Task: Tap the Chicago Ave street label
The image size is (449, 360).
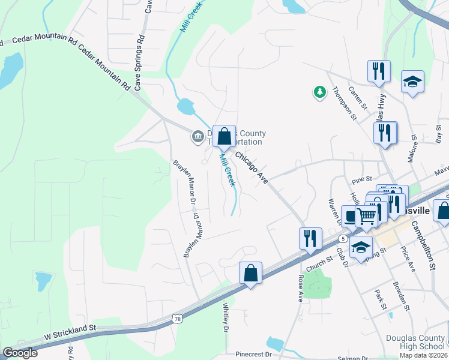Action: pyautogui.click(x=251, y=166)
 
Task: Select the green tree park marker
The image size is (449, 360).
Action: pyautogui.click(x=319, y=92)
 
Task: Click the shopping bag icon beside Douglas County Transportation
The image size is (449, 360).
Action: pyautogui.click(x=224, y=136)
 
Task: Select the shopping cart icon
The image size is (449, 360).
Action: pyautogui.click(x=366, y=215)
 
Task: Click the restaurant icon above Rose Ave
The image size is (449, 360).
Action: pyautogui.click(x=310, y=238)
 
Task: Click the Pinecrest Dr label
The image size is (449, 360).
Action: pyautogui.click(x=254, y=355)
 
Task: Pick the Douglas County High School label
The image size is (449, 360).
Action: pyautogui.click(x=415, y=342)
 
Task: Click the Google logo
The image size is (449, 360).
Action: pyautogui.click(x=20, y=352)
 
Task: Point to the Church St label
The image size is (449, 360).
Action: pyautogui.click(x=319, y=262)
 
